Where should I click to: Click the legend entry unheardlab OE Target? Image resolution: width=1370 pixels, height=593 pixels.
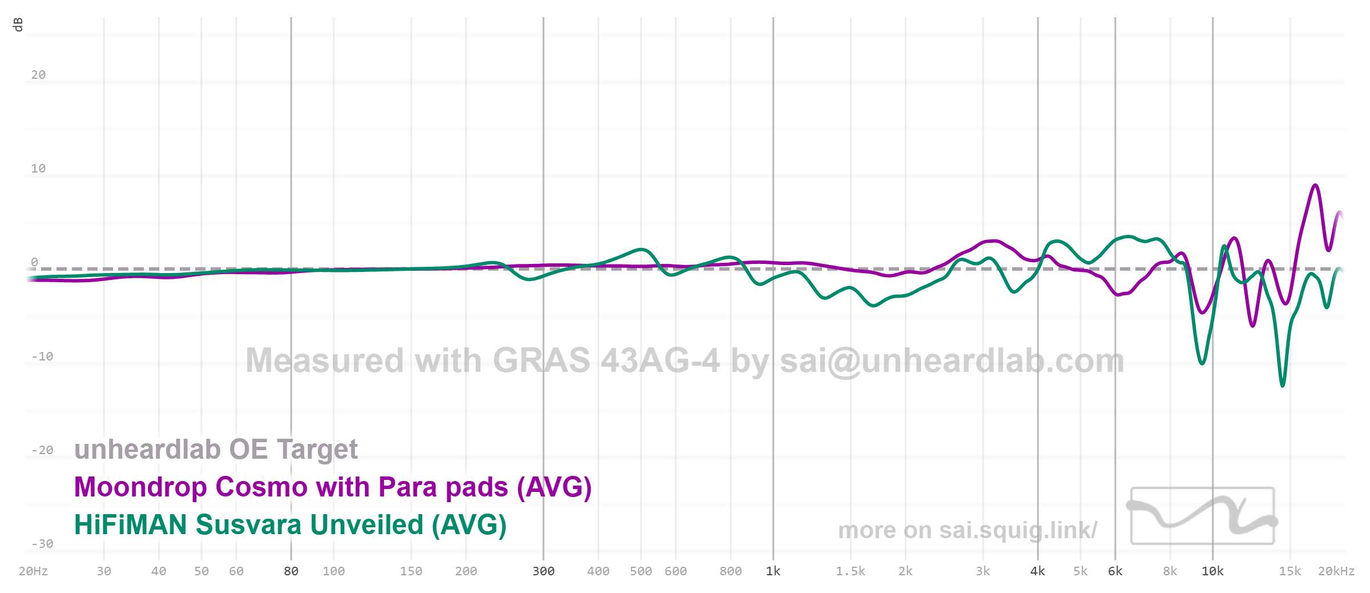coord(216,450)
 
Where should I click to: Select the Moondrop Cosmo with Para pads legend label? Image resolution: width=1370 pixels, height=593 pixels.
coord(333,487)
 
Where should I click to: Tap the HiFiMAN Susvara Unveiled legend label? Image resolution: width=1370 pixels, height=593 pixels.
coord(290,525)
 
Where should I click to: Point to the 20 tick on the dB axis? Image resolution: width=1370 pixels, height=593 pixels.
coord(38,75)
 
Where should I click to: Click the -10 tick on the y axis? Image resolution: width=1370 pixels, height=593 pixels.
coord(42,356)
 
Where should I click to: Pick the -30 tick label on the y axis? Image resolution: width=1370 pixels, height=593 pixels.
coord(42,544)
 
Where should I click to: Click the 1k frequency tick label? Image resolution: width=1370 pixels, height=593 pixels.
coord(773,571)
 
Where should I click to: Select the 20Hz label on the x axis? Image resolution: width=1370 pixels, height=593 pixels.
coord(33,571)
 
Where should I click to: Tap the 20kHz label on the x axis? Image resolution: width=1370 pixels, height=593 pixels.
coord(1336,571)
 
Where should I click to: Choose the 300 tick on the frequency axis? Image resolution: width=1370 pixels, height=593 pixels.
coord(543,571)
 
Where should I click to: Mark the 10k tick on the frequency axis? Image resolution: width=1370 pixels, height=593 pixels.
coord(1212,571)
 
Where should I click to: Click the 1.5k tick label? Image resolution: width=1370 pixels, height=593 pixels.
coord(850,571)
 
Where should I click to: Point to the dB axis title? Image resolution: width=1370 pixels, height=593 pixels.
coord(18,25)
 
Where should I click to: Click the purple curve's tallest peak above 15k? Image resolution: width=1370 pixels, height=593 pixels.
coord(1315,186)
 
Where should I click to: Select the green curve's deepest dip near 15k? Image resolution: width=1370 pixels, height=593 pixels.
coord(1283,386)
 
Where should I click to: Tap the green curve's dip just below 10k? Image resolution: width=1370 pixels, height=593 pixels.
coord(1202,363)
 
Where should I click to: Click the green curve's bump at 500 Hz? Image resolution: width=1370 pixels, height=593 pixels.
coord(642,250)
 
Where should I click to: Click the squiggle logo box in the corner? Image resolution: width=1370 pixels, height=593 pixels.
coord(1202,516)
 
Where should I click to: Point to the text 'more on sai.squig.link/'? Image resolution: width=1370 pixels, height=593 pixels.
coord(967,531)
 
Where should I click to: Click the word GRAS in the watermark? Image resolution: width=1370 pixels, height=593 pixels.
coord(541,361)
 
